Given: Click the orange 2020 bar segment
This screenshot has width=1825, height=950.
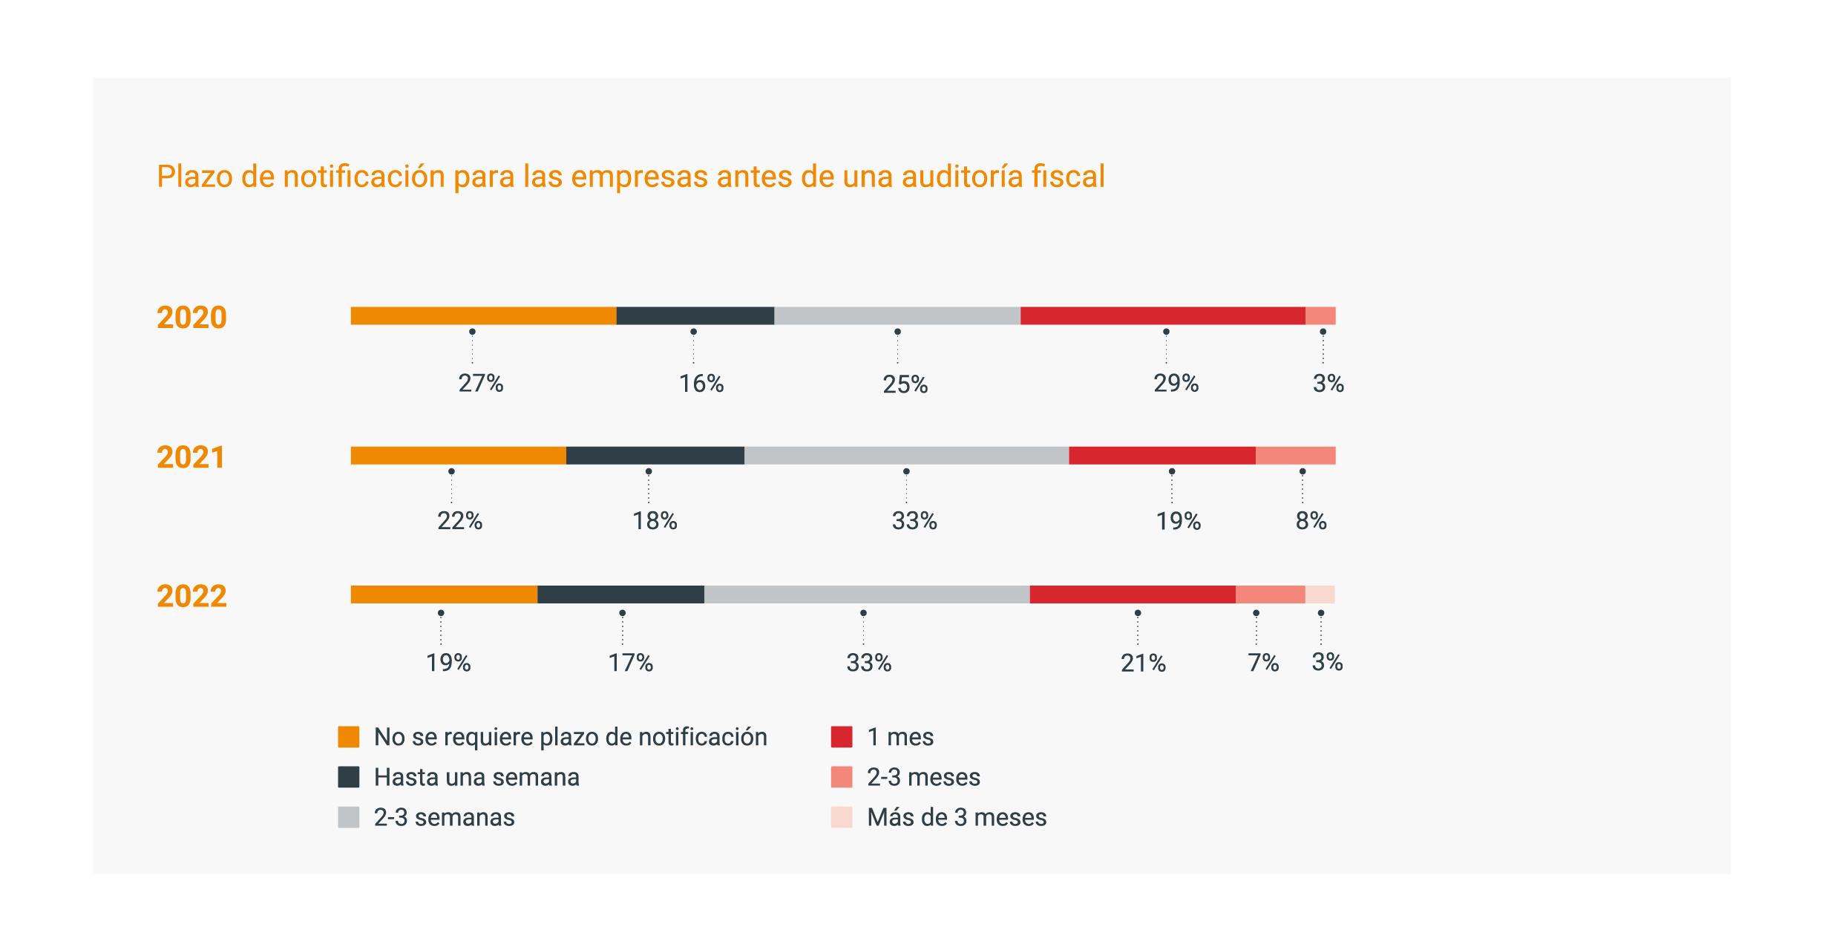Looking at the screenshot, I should tap(483, 315).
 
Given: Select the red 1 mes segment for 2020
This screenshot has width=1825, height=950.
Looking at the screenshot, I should tap(1162, 315).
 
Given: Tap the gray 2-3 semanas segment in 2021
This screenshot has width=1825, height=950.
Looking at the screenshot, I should tap(906, 456).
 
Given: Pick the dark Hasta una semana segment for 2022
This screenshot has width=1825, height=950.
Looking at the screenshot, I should tap(620, 594).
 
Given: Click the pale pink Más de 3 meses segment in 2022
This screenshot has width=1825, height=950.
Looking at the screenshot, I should tap(1320, 594).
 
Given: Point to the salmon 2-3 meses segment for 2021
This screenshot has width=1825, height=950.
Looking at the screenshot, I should tap(1295, 456).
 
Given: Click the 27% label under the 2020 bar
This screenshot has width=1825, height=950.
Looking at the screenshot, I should tap(481, 383).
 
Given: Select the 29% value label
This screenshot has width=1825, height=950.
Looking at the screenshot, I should tap(1176, 383).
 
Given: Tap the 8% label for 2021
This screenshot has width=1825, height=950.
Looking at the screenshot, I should tap(1311, 521).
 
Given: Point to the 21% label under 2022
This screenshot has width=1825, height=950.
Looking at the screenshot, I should tap(1143, 663).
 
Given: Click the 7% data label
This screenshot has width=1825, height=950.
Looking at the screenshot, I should tap(1262, 663).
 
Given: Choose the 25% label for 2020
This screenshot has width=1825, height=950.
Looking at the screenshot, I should tap(905, 384).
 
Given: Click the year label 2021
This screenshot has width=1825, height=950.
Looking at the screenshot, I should tap(191, 457).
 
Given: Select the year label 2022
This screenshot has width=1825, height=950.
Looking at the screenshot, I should tap(191, 596).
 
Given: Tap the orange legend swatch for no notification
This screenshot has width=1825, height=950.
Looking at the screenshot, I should tap(349, 737).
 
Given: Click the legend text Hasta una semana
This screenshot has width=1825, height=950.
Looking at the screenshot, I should tap(476, 777).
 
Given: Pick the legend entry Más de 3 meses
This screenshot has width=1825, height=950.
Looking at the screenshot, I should tap(957, 817).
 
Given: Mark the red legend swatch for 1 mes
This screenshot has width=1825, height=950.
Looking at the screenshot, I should tap(842, 737).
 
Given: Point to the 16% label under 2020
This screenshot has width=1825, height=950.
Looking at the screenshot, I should tap(701, 383).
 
